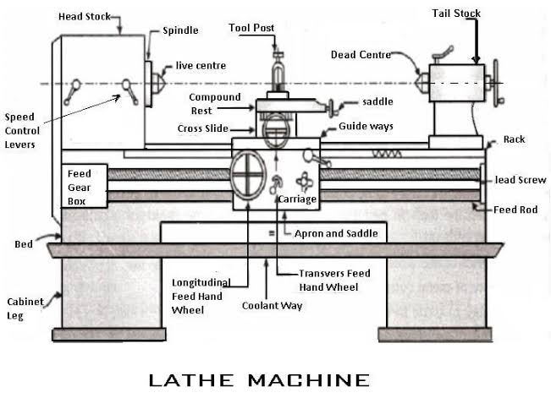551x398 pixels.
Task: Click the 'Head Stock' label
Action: coord(88,16)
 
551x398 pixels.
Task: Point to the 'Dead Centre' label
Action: coord(361,55)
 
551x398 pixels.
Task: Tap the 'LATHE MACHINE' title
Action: coord(259,379)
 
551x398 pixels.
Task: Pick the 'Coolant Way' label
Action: coord(273,305)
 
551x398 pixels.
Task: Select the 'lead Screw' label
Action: coord(521,180)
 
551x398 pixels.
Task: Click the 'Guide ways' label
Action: coord(366,126)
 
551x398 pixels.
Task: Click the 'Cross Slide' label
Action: coord(201,128)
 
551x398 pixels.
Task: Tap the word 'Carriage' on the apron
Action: coord(296,199)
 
